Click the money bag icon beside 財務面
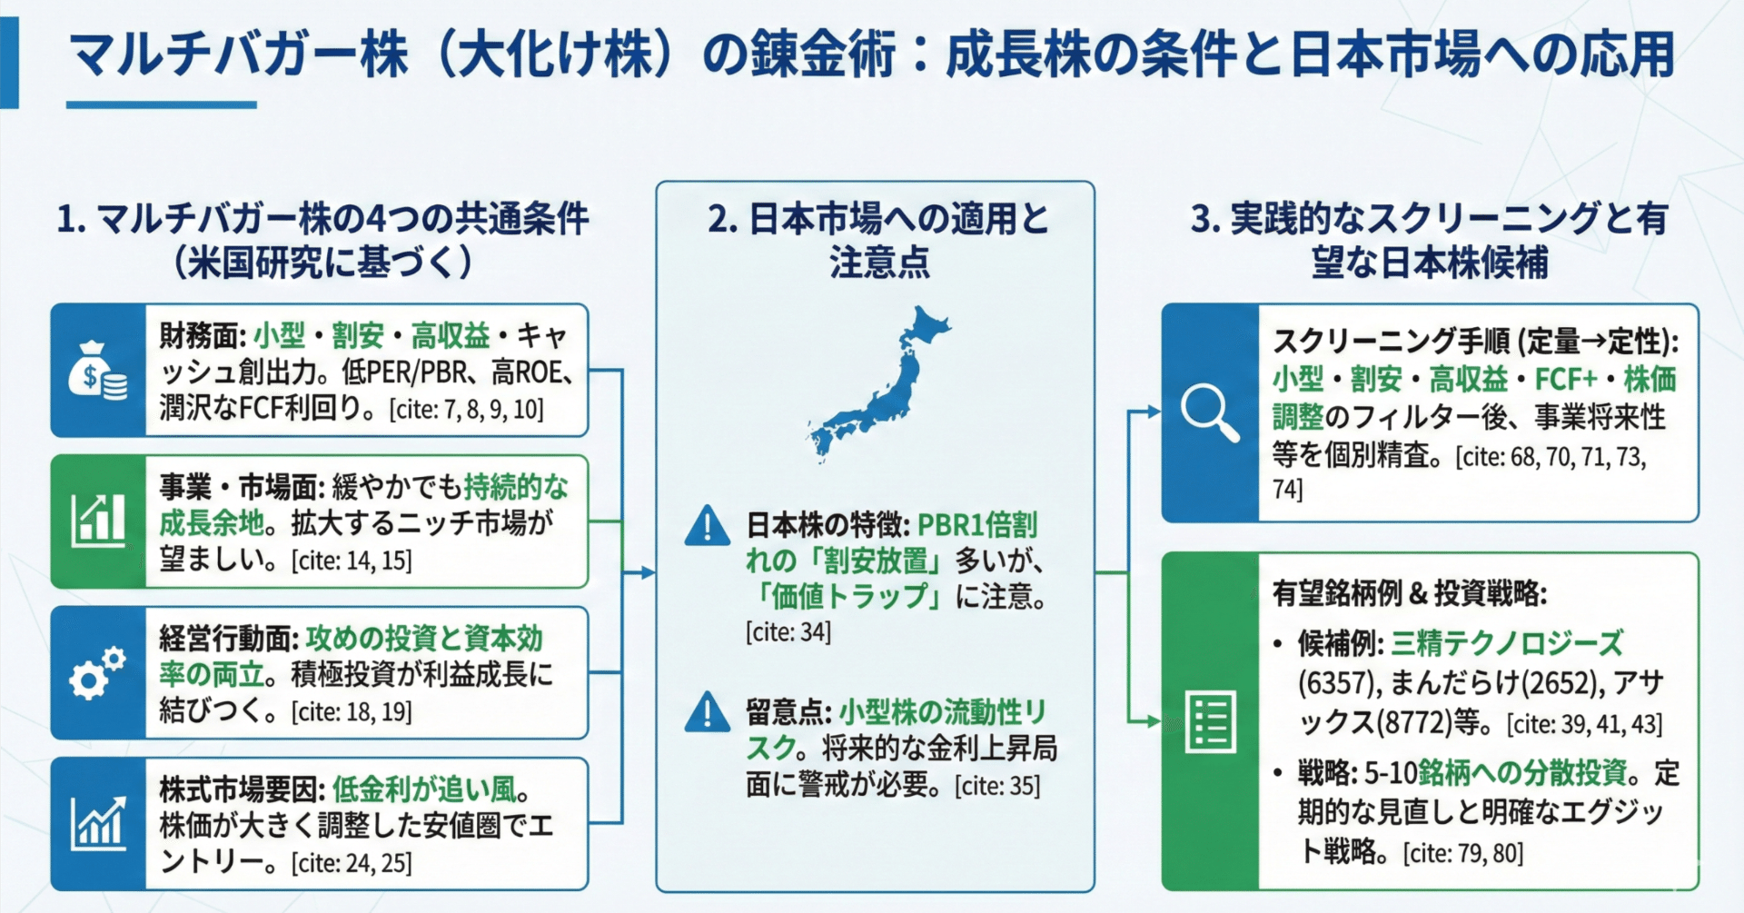click(97, 370)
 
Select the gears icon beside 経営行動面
click(97, 673)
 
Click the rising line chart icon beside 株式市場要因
click(97, 823)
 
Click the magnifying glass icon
click(1209, 413)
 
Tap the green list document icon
click(1210, 722)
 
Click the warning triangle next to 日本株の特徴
click(707, 526)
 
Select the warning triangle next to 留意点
click(707, 713)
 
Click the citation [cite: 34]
click(788, 632)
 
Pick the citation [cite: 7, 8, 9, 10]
click(467, 410)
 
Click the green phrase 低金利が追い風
click(423, 789)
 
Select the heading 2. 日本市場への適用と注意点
click(877, 240)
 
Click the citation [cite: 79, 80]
click(1462, 853)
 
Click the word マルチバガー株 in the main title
click(238, 55)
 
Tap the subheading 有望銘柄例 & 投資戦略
click(1409, 593)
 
